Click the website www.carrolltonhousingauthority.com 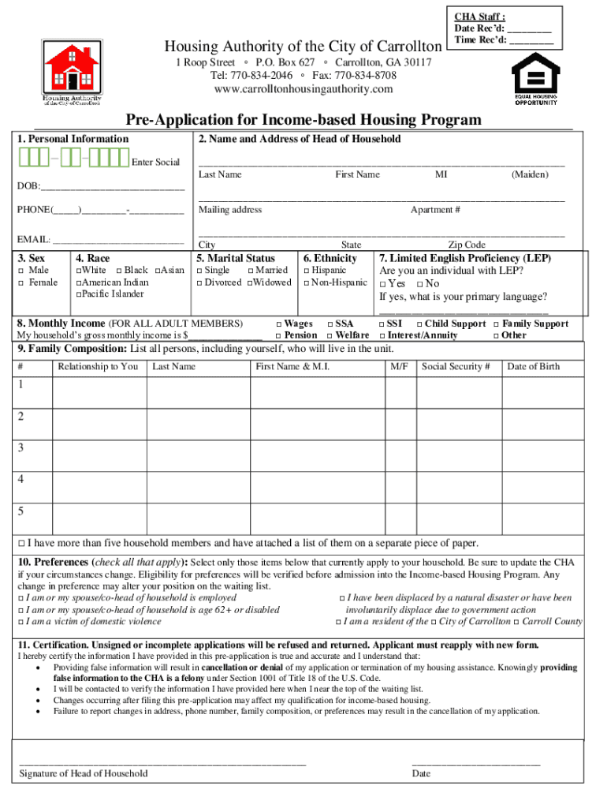pos(303,89)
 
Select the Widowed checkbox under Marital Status pos(250,282)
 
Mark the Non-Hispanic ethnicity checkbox pos(307,282)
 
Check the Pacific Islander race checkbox pos(79,294)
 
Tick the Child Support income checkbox pos(419,324)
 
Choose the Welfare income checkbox pos(330,335)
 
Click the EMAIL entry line pos(117,240)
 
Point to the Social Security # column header pos(456,366)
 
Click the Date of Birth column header pos(533,366)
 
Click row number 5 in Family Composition pos(21,511)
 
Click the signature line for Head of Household pos(162,763)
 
